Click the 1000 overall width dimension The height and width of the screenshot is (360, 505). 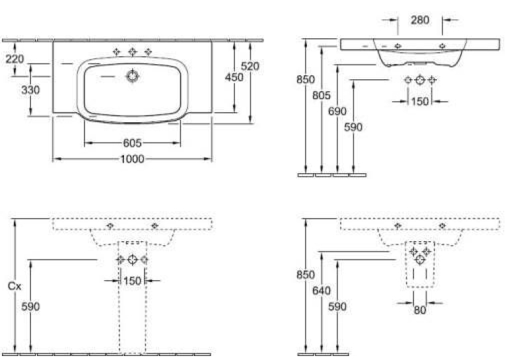coord(132,159)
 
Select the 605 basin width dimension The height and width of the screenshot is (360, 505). coord(133,143)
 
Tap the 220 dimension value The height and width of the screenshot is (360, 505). coord(15,59)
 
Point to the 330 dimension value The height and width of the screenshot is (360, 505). coord(30,90)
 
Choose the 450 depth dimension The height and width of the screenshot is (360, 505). coord(234,77)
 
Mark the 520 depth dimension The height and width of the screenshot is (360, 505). coord(250,66)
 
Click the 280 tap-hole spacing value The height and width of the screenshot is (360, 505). coord(420,20)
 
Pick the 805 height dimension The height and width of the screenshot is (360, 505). coord(321,95)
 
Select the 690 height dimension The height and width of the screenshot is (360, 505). coord(337,111)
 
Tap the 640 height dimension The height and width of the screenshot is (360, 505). coord(321,291)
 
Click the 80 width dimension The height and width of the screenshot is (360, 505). coord(420,310)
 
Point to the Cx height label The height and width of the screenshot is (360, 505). coord(15,286)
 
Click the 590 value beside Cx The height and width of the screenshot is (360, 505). coord(30,306)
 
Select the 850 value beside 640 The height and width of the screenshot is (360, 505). coord(306,275)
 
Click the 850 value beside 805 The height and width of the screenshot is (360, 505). coord(306,79)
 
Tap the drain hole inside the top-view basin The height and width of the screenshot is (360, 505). coord(132,77)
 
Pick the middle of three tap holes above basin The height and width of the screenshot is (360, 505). coord(133,52)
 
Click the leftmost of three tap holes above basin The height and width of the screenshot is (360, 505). coord(117,52)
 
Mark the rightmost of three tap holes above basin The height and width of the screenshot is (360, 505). coord(148,52)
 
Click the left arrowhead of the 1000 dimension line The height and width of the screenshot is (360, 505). coord(56,159)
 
